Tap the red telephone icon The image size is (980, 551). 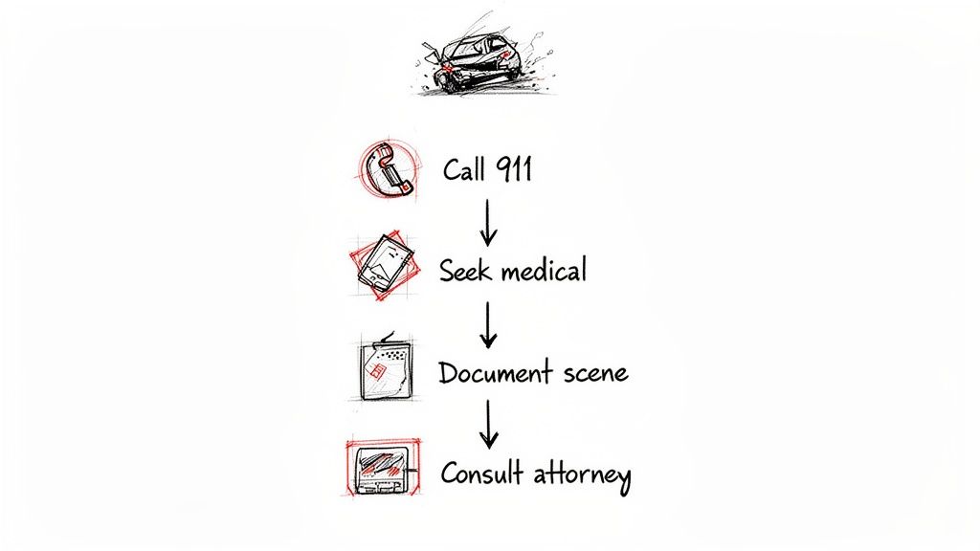tap(387, 170)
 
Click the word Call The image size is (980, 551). tap(465, 170)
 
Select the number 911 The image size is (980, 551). tap(513, 169)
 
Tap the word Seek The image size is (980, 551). tap(463, 271)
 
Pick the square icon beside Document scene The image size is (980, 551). tap(385, 368)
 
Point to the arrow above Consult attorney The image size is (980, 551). tap(489, 424)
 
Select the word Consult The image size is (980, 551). tap(480, 473)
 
